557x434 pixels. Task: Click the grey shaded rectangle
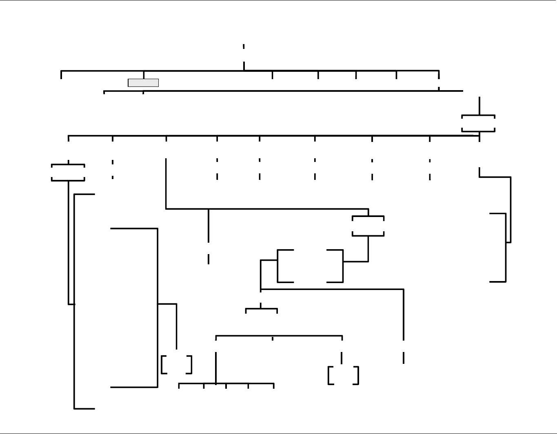pos(143,83)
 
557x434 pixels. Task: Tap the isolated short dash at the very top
pos(244,46)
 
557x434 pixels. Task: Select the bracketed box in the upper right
pos(478,123)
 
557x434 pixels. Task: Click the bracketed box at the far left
pos(68,173)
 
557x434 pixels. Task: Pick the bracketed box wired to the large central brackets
pos(368,226)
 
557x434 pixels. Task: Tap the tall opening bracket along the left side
pos(75,301)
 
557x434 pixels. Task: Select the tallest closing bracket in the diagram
pos(157,308)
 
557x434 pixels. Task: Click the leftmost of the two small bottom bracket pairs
pos(176,365)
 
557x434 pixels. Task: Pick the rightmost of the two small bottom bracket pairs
pos(343,375)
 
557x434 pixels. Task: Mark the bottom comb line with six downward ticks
pos(226,384)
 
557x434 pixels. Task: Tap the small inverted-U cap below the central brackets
pos(262,310)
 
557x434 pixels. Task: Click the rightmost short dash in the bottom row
pos(404,358)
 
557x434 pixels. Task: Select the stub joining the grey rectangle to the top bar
pos(143,75)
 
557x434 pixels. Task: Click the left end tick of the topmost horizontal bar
pos(61,75)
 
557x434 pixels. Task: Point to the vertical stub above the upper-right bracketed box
pos(479,106)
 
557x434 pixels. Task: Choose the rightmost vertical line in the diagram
pos(510,210)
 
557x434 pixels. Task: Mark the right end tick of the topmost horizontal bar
pos(439,75)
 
